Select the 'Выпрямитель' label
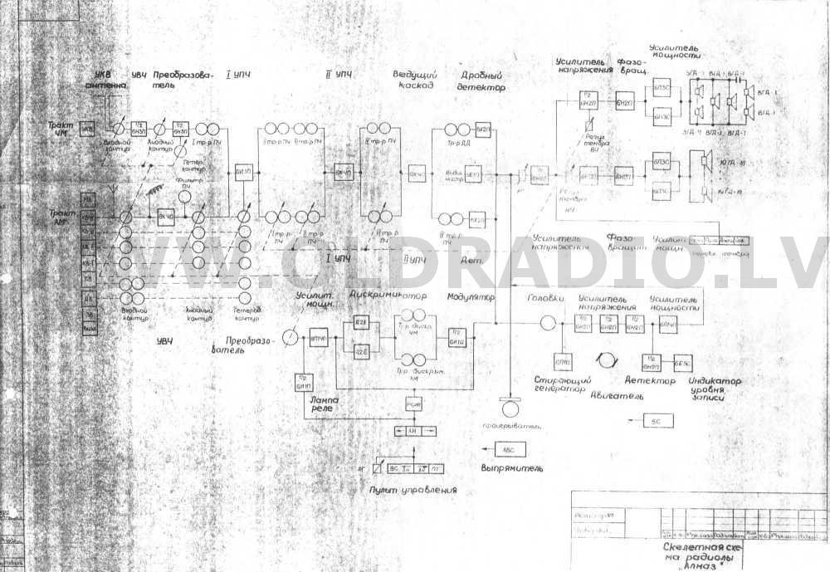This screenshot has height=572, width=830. coord(511,468)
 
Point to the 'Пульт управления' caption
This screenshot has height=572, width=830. coord(414,491)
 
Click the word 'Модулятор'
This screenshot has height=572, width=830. coord(471,297)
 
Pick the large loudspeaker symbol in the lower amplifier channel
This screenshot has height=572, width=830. coord(706,160)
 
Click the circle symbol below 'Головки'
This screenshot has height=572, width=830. coord(548,323)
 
